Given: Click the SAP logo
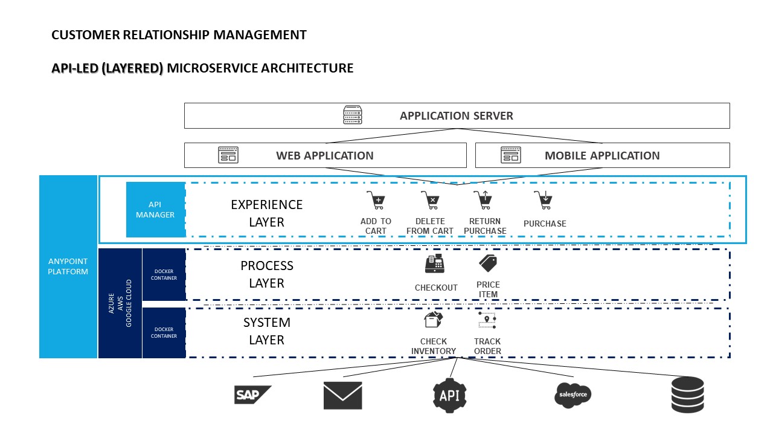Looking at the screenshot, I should [x=252, y=395].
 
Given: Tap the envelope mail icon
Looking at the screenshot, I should [x=342, y=395].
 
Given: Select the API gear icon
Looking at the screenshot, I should [x=450, y=395].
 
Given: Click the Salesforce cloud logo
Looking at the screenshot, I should [x=573, y=395].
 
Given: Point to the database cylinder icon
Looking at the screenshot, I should [x=687, y=395].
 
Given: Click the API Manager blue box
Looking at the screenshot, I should [x=155, y=210].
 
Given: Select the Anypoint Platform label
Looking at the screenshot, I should [x=68, y=266].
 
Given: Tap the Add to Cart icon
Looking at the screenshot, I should [x=376, y=200].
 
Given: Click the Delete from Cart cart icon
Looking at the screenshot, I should [x=430, y=200].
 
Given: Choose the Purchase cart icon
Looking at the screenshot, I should [x=544, y=200].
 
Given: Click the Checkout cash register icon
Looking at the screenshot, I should [x=435, y=264].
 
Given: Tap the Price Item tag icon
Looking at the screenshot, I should [x=488, y=263].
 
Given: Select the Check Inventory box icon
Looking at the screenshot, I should [x=434, y=320].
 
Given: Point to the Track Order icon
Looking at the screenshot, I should [x=487, y=320].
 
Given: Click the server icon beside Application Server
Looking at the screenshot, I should [x=353, y=115].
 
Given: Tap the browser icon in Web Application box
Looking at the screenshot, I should [x=228, y=155].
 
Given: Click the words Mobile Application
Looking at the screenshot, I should [x=602, y=155].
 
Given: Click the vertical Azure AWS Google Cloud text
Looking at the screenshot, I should [x=120, y=302].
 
